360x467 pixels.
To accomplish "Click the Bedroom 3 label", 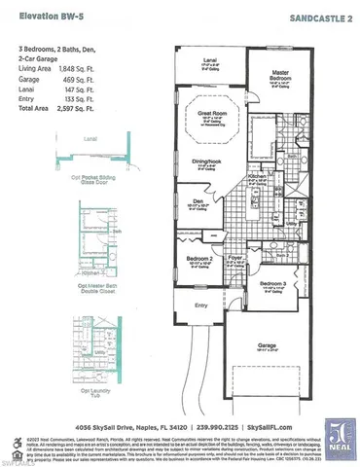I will [273, 283].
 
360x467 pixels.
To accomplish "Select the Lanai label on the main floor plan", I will [209, 60].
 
